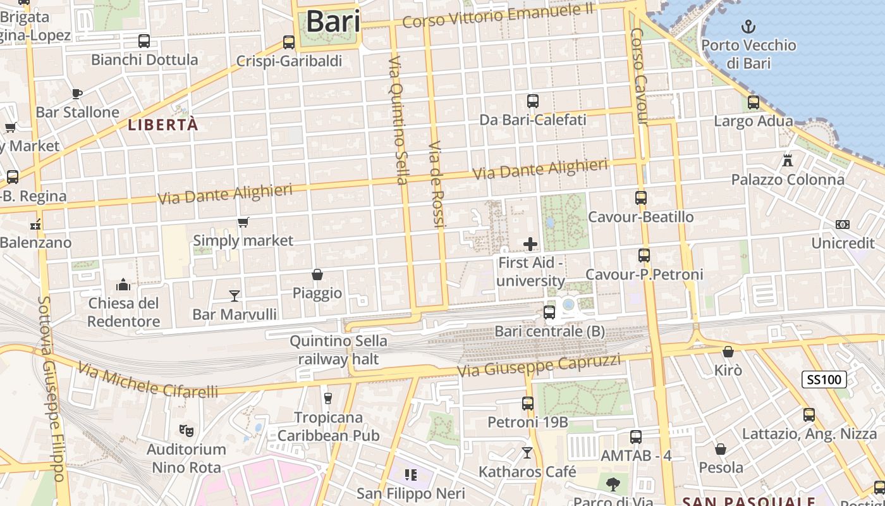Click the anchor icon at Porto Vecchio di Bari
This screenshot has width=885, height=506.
748,27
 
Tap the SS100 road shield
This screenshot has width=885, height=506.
824,379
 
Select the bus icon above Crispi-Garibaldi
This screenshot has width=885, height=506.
289,42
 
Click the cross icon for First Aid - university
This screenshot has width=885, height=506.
530,244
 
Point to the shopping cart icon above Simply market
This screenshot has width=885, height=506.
243,222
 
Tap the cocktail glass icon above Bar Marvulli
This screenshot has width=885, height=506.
235,295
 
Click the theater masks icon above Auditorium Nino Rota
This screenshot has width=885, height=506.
186,431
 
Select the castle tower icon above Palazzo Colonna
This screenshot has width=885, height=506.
788,160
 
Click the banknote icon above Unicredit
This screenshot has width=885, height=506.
843,225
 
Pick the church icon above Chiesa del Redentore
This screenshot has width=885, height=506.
123,285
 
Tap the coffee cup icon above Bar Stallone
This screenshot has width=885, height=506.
77,94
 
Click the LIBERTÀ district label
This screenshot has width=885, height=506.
163,125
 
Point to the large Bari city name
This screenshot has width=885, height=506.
333,22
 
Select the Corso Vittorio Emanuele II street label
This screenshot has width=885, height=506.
497,15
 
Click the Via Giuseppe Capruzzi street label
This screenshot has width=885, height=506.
539,366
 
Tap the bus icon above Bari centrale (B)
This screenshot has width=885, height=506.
549,312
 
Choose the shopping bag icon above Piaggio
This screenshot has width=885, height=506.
317,275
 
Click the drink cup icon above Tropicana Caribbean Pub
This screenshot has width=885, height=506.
327,398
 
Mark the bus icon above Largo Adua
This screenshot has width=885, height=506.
753,102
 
